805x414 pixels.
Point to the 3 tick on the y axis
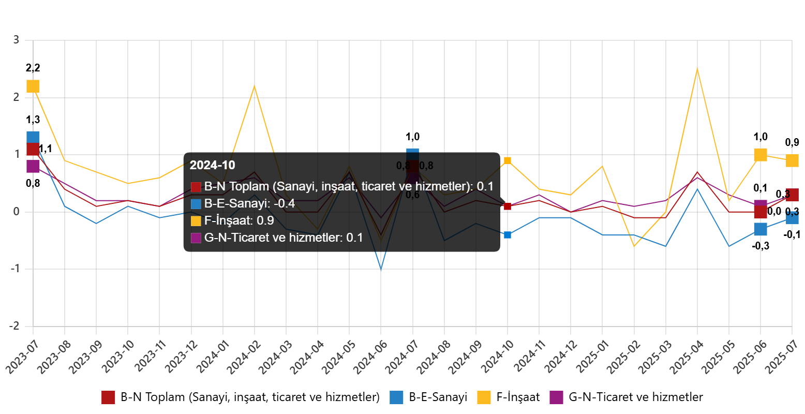coord(16,39)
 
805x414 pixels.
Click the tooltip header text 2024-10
coord(212,165)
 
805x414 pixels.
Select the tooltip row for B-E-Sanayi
coord(249,203)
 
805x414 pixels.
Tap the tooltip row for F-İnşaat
coord(239,220)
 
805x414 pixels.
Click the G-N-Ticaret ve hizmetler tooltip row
coord(284,238)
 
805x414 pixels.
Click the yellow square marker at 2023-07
coord(33,86)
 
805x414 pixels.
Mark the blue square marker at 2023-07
coord(33,137)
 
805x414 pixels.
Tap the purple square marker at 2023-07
coord(33,167)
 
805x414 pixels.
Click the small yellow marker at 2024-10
coord(508,160)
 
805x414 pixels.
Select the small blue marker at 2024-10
coord(508,235)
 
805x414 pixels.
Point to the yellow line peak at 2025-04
coord(697,69)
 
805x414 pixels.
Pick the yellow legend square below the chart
coord(484,397)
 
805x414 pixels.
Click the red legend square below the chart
coord(108,397)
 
